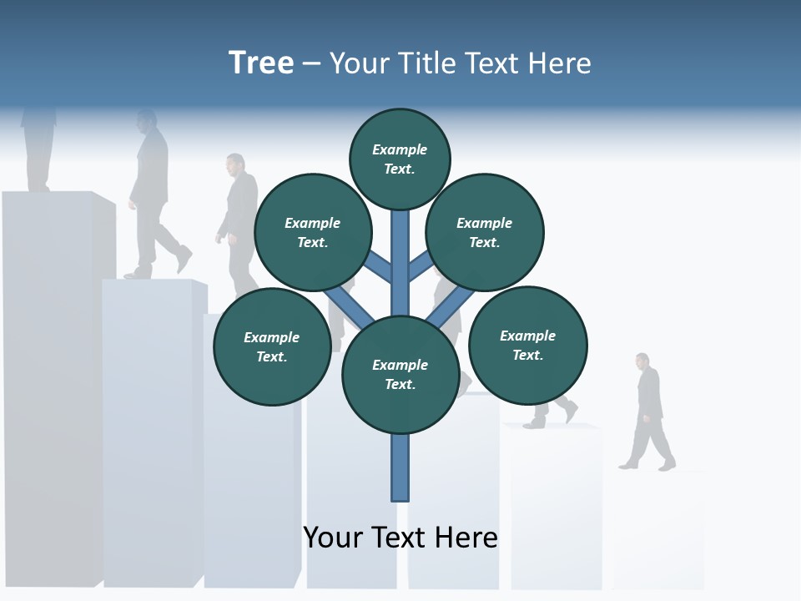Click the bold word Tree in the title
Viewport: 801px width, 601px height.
click(261, 63)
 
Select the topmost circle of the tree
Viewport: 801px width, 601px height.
click(400, 159)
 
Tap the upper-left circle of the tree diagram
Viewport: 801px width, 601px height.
click(312, 232)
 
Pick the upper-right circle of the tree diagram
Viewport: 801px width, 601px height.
click(485, 232)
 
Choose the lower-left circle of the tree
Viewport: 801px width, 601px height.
click(272, 346)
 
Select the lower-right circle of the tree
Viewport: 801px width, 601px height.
click(527, 345)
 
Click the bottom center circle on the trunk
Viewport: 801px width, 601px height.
click(400, 375)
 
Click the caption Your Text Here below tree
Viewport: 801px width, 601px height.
click(400, 537)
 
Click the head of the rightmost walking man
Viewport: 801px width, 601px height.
click(642, 361)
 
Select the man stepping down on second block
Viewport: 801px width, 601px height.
click(153, 196)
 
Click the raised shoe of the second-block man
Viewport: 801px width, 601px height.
click(184, 259)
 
